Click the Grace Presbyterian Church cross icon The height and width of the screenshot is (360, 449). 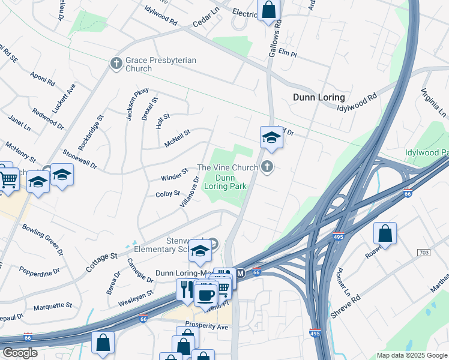[116, 63]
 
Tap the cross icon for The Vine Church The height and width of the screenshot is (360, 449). [268, 167]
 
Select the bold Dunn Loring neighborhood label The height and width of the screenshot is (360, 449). [319, 97]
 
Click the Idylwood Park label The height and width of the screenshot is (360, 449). [427, 153]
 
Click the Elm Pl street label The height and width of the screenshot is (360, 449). [288, 53]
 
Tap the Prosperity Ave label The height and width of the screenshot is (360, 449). [206, 327]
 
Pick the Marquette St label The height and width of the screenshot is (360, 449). [53, 305]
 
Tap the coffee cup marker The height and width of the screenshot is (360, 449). [206, 295]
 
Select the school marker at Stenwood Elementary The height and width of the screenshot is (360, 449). [200, 251]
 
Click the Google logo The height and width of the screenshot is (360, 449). [20, 353]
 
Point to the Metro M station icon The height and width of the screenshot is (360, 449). [241, 274]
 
